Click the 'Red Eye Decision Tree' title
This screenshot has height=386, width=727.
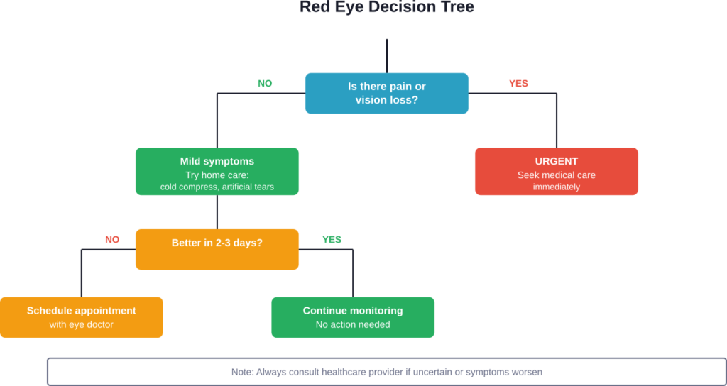[x=386, y=8]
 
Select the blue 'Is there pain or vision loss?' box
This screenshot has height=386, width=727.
[x=386, y=93]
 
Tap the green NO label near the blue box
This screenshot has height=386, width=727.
[x=265, y=84]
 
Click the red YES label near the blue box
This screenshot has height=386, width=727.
[x=518, y=84]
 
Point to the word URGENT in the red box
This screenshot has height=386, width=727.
[x=557, y=162]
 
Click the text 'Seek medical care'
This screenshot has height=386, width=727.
[x=557, y=175]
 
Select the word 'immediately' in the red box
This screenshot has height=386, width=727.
[x=557, y=187]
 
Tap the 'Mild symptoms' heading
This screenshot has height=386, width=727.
[x=217, y=162]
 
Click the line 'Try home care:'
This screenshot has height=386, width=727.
[x=217, y=175]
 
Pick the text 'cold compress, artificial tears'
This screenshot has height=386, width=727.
[x=217, y=187]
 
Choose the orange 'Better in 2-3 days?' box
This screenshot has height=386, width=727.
[x=217, y=249]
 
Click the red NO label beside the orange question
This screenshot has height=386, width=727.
[x=112, y=240]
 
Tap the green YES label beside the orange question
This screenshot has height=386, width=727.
[x=332, y=240]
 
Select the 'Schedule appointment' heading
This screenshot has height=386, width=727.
[x=82, y=311]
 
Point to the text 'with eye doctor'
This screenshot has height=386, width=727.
[x=82, y=325]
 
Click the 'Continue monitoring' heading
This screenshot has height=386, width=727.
[x=353, y=311]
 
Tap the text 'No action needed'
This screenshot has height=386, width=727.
[x=353, y=325]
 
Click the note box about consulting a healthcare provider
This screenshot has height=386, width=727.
[x=386, y=372]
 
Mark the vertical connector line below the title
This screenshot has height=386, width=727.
[x=386, y=55]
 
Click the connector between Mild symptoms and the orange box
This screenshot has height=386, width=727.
[x=217, y=211]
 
